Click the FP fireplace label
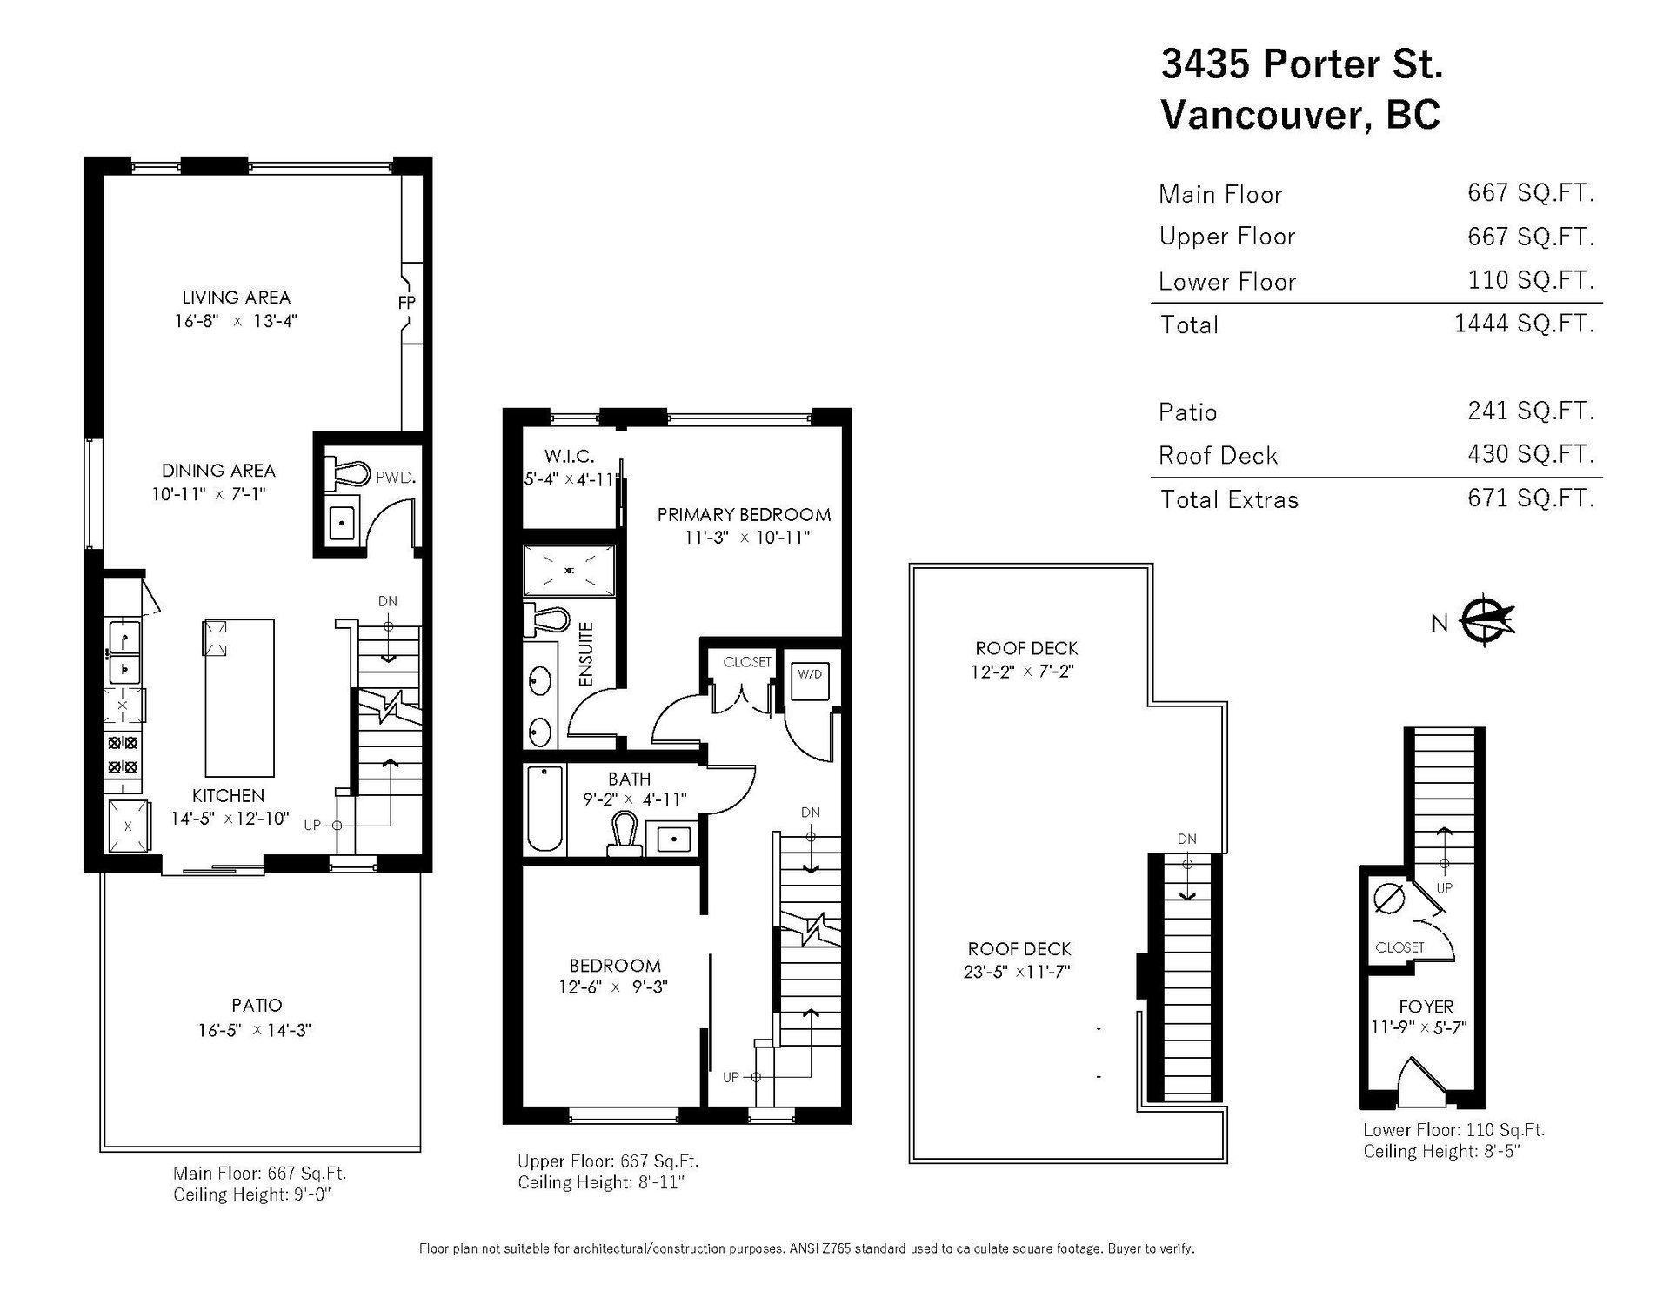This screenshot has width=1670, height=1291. (406, 303)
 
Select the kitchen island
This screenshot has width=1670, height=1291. (239, 698)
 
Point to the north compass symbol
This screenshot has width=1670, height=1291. (1486, 621)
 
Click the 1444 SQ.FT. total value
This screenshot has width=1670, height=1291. (1525, 324)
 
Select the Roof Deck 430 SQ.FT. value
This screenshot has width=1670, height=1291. (1531, 454)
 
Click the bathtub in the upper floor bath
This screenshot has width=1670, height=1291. (545, 809)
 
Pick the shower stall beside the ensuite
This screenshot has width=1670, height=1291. (570, 570)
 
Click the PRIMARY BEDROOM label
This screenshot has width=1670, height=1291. (744, 514)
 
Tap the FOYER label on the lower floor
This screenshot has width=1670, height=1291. (1426, 1007)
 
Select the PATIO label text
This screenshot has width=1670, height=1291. (257, 1006)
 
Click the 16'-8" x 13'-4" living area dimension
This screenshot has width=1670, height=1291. (236, 321)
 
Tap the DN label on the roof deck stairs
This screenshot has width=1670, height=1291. (1187, 839)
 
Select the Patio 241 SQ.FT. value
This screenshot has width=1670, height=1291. (1531, 411)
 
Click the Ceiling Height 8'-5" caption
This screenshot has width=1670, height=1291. (1442, 1152)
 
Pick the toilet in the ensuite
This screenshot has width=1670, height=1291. (546, 621)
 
